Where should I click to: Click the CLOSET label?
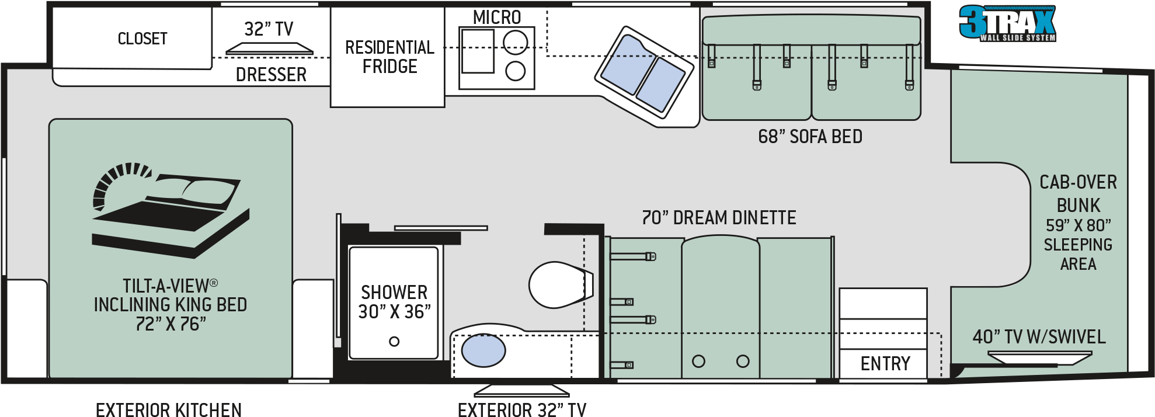pyautogui.click(x=142, y=39)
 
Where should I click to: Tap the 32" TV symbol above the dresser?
pyautogui.click(x=269, y=48)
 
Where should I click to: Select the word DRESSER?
pyautogui.click(x=271, y=75)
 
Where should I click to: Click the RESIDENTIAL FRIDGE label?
pyautogui.click(x=389, y=57)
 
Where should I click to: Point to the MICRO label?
pyautogui.click(x=497, y=18)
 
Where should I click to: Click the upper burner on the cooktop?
pyautogui.click(x=515, y=42)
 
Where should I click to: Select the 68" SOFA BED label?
pyautogui.click(x=810, y=137)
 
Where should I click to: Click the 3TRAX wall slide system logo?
pyautogui.click(x=1007, y=24)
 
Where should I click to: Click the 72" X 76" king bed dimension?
pyautogui.click(x=171, y=324)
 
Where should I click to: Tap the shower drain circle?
pyautogui.click(x=394, y=342)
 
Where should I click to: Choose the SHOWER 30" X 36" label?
pyautogui.click(x=394, y=302)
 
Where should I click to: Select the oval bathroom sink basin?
pyautogui.click(x=483, y=350)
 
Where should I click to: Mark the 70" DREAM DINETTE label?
pyautogui.click(x=719, y=218)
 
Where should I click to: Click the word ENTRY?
pyautogui.click(x=885, y=364)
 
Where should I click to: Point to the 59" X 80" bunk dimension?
pyautogui.click(x=1078, y=225)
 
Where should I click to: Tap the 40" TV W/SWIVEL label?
pyautogui.click(x=1039, y=337)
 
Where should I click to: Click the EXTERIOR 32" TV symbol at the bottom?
pyautogui.click(x=521, y=391)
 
